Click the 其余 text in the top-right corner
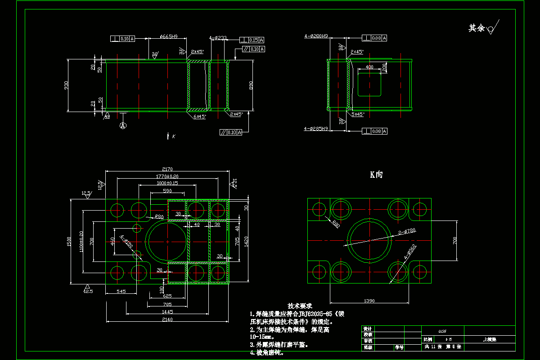(477, 28)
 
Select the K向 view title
(376, 175)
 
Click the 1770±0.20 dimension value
(168, 176)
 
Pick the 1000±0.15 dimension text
(168, 183)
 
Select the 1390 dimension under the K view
(369, 300)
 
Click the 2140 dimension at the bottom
(168, 319)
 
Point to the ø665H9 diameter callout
(168, 37)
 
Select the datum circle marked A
(123, 126)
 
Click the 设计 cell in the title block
(368, 329)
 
